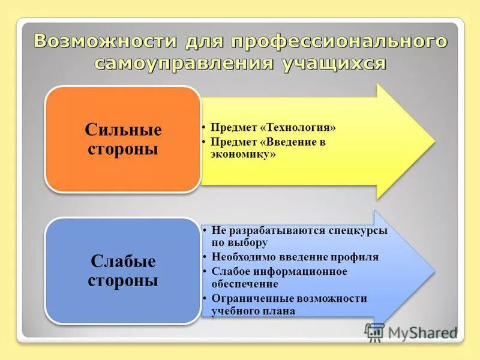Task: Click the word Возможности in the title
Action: click(x=105, y=41)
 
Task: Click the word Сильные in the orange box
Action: click(x=123, y=130)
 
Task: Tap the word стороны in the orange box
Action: click(x=123, y=149)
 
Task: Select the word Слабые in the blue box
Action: click(x=123, y=261)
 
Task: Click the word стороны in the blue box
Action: click(x=123, y=280)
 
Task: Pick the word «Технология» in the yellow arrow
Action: click(x=298, y=128)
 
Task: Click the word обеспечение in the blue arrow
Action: click(x=244, y=284)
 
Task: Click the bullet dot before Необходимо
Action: click(x=205, y=257)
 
